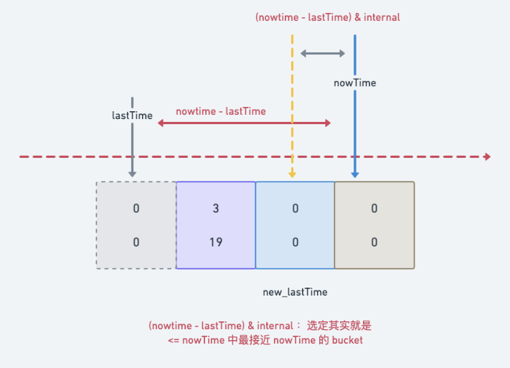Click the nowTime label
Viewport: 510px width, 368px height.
[355, 83]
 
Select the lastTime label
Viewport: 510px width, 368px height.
[132, 115]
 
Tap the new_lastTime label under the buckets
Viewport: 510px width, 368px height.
[295, 292]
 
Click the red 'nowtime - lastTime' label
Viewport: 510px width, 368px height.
[221, 111]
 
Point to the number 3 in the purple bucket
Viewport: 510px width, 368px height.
[216, 208]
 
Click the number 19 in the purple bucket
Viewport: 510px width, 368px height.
[216, 242]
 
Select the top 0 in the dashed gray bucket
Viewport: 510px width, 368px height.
[136, 208]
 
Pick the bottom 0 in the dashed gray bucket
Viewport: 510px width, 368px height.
[136, 242]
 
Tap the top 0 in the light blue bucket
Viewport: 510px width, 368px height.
[295, 208]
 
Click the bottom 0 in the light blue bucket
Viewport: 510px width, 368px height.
[295, 242]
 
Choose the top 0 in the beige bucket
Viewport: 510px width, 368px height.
[374, 208]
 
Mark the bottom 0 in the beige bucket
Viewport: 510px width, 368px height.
[374, 242]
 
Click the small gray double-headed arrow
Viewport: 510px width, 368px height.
[323, 53]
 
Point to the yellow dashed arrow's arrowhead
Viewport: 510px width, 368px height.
[292, 175]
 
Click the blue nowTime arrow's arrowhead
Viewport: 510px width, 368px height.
[355, 175]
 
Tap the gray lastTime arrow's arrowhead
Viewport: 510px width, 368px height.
[132, 174]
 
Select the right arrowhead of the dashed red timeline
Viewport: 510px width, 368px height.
[487, 157]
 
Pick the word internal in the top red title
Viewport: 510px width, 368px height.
[382, 17]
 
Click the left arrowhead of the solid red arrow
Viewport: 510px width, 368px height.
[161, 123]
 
